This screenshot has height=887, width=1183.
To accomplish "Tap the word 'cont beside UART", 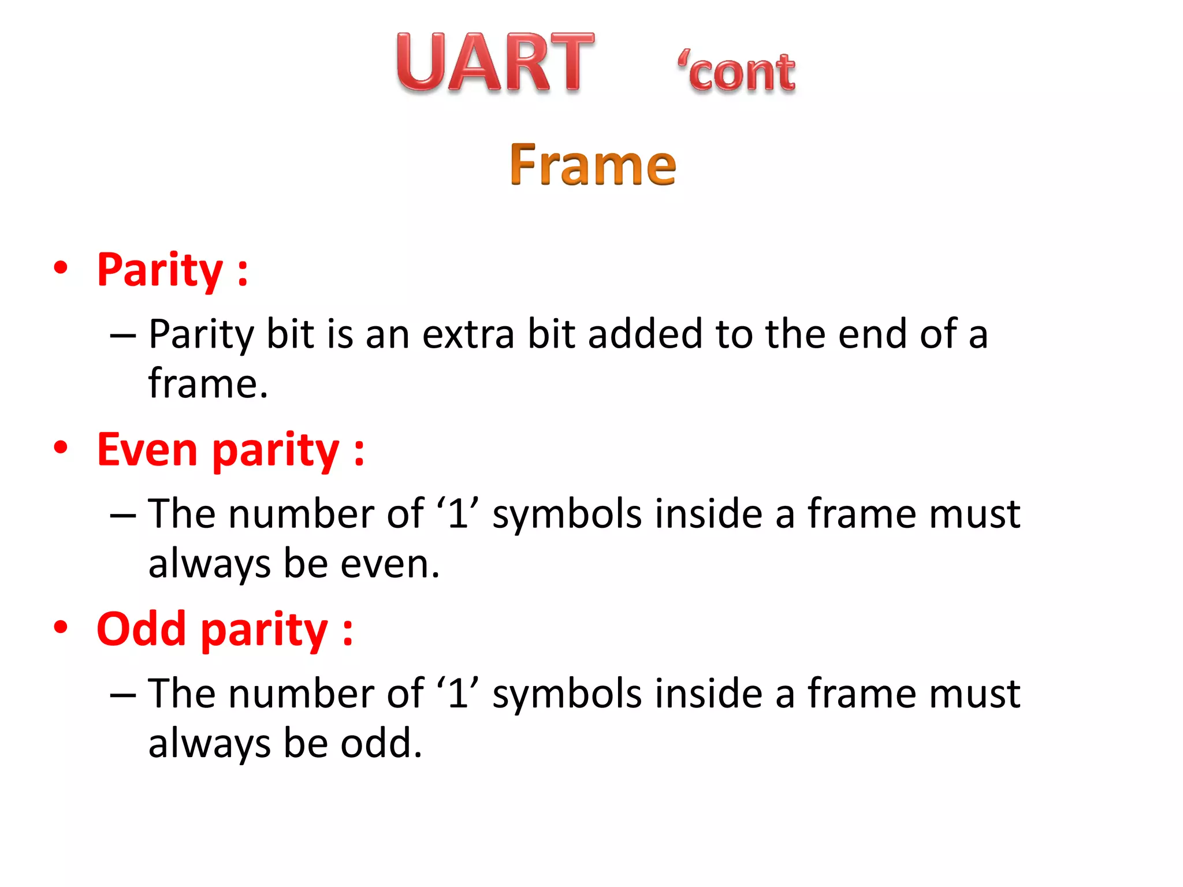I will point(737,73).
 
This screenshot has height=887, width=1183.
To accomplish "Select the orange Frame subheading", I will point(593,166).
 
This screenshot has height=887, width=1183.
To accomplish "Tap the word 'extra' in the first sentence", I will point(468,335).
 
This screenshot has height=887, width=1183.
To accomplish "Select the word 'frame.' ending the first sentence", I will point(208,384).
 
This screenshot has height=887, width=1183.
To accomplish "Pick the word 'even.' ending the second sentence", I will point(390,564).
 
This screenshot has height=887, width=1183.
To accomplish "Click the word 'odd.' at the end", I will point(381,743).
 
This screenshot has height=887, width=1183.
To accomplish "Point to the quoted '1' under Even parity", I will point(457,513).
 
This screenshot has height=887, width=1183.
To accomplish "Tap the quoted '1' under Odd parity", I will point(457,693).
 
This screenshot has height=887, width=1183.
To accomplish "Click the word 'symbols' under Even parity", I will point(567,515).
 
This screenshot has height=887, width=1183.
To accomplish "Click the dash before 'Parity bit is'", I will point(122,336).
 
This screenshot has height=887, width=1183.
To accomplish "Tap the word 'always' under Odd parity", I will point(209,744).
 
